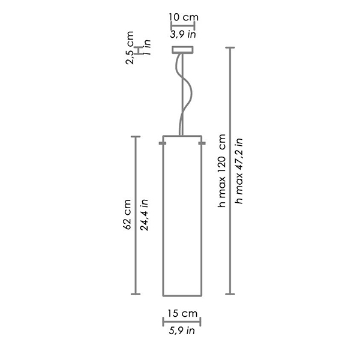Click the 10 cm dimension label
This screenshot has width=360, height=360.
(x=184, y=17)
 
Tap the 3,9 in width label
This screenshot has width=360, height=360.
(x=183, y=34)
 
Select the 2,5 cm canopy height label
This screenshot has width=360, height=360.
(x=130, y=48)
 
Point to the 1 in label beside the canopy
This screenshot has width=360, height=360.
(x=147, y=47)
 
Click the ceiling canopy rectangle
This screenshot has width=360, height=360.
(x=183, y=50)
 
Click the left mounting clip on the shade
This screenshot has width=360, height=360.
(x=163, y=143)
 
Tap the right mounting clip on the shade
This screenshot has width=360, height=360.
(x=202, y=143)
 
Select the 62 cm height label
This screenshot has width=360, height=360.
(x=127, y=214)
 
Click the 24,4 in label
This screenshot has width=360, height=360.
(x=145, y=214)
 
